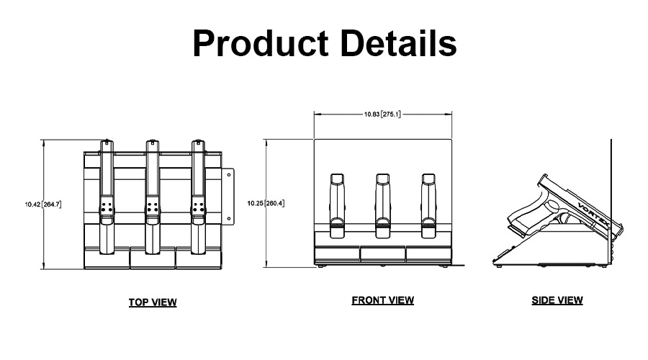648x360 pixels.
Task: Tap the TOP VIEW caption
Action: pos(152,302)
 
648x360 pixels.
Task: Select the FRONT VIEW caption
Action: pos(382,300)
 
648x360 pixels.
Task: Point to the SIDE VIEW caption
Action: pos(557,300)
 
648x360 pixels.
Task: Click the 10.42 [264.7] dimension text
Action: pos(42,204)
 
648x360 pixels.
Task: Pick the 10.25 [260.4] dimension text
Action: pos(266,203)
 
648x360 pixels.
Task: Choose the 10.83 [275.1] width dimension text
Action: pos(382,113)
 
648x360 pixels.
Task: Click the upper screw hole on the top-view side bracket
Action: pos(228,176)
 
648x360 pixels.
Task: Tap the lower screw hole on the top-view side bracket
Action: pos(228,218)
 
